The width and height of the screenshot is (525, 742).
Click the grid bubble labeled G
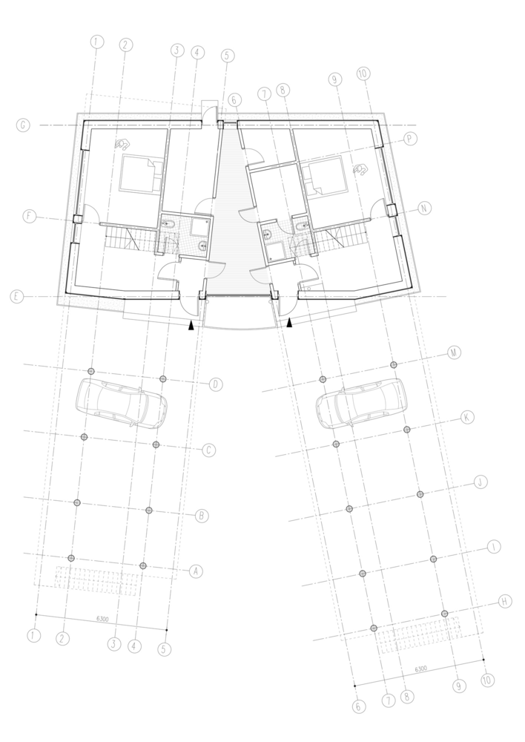(23, 125)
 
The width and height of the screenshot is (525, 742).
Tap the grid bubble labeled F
(30, 216)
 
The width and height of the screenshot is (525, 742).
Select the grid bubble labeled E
(16, 297)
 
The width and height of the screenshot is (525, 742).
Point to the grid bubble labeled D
(216, 384)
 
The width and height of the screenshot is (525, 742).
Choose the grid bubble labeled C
(208, 450)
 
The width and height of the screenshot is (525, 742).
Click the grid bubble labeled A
(196, 571)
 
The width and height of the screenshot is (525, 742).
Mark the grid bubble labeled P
(409, 139)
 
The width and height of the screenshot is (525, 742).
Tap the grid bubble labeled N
(424, 209)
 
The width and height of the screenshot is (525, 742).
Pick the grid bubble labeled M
(454, 352)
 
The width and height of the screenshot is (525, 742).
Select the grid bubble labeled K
(467, 417)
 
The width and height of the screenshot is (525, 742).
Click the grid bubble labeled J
(481, 482)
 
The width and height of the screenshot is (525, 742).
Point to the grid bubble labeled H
(505, 602)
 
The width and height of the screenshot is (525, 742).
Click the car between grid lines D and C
(122, 404)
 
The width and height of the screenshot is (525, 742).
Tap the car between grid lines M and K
(361, 404)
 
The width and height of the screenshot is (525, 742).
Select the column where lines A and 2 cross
(71, 558)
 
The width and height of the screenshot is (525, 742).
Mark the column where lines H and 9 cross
(445, 614)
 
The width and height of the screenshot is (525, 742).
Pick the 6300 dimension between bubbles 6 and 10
(420, 669)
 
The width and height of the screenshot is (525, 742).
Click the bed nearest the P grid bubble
(324, 177)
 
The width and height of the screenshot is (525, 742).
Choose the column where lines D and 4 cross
(162, 378)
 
